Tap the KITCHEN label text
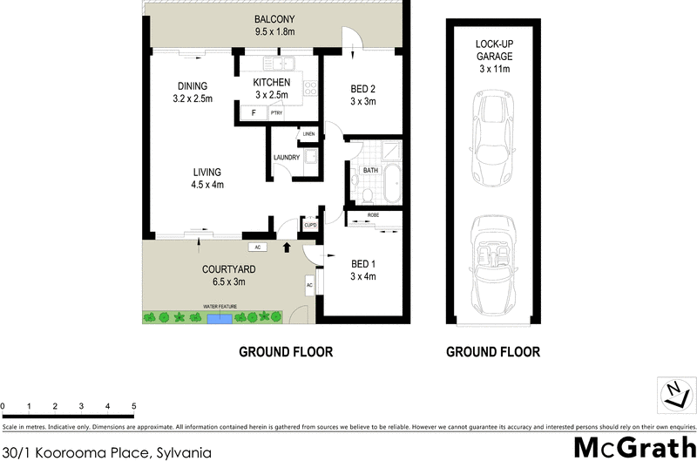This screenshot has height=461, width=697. click(272, 83)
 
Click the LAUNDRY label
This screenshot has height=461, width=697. click(287, 158)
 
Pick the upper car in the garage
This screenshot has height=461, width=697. click(493, 136)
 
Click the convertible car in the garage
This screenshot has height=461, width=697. click(493, 259)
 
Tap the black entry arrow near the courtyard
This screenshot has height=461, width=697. click(288, 248)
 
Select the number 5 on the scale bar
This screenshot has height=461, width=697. click(133, 407)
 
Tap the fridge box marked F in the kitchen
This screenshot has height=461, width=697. click(253, 113)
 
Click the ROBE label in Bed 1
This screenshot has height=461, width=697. click(371, 214)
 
